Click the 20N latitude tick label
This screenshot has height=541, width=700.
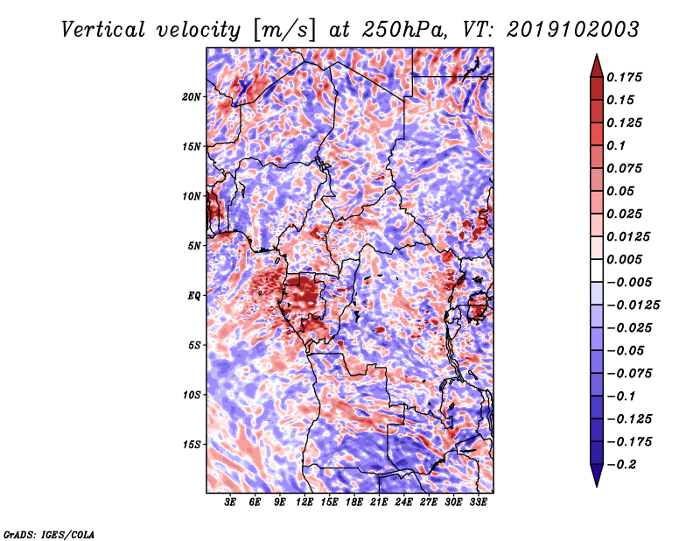pyautogui.click(x=192, y=97)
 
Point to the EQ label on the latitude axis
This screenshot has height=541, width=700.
pyautogui.click(x=193, y=296)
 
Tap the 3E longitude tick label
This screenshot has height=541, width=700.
pyautogui.click(x=230, y=502)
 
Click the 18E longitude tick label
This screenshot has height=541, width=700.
pyautogui.click(x=354, y=502)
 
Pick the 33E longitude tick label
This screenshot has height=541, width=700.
pyautogui.click(x=478, y=502)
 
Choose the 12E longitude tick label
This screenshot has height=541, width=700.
pyautogui.click(x=304, y=502)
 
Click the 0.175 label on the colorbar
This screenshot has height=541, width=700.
pyautogui.click(x=624, y=77)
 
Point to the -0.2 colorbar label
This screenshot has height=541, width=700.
pyautogui.click(x=621, y=465)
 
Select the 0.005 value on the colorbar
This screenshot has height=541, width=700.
pyautogui.click(x=624, y=259)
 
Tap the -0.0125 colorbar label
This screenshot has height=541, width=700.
pyautogui.click(x=633, y=306)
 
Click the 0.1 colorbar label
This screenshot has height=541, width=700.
pyautogui.click(x=616, y=145)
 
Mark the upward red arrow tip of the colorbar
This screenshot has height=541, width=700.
pyautogui.click(x=597, y=54)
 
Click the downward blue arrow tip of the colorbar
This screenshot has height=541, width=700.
pyautogui.click(x=597, y=486)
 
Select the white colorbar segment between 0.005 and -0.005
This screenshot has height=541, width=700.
pyautogui.click(x=597, y=270)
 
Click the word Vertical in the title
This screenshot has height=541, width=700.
pyautogui.click(x=103, y=30)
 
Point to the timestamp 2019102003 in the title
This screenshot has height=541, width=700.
pyautogui.click(x=573, y=30)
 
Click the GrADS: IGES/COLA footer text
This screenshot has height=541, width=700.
pyautogui.click(x=49, y=535)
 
